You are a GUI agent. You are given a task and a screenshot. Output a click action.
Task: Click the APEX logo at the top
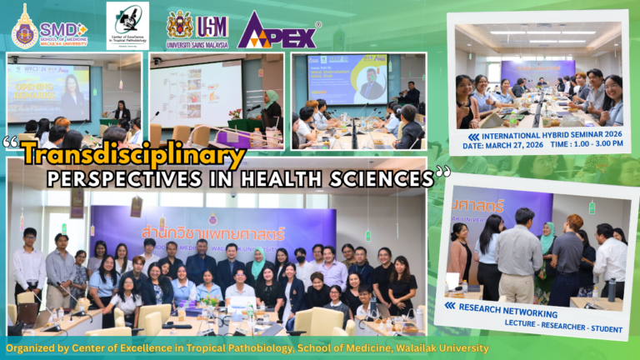[278, 30]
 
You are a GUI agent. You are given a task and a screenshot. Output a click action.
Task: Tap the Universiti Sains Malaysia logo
[197, 29]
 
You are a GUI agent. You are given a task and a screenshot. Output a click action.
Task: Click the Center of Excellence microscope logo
[127, 25]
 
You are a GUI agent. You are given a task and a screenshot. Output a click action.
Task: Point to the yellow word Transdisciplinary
[133, 154]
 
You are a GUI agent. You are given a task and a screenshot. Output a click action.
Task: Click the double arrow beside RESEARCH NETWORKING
[451, 306]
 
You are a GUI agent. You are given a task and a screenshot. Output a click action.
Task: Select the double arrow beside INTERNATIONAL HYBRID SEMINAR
[473, 136]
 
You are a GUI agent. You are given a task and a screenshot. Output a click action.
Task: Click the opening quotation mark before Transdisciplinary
[12, 143]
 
